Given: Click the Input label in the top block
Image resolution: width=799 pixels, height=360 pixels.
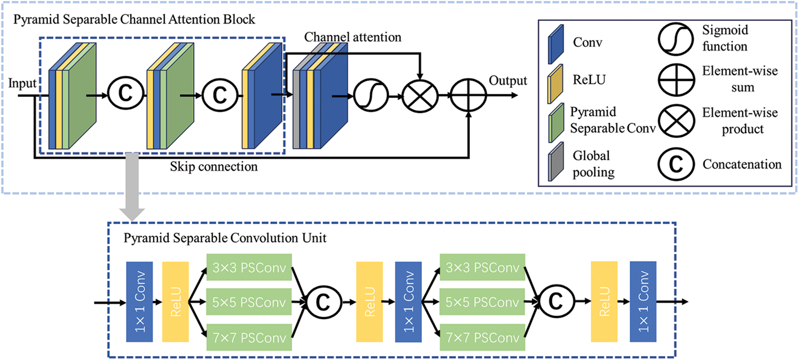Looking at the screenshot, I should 22,83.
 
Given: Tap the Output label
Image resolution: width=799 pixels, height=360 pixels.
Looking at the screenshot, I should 507,81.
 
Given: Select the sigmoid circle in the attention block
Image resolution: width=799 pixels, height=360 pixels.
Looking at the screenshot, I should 371,95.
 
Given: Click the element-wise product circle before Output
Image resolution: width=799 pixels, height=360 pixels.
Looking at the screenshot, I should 420,96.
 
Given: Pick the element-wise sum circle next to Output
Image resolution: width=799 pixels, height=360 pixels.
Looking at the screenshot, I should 468,95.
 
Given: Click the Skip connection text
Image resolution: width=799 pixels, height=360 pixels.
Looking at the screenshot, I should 214,167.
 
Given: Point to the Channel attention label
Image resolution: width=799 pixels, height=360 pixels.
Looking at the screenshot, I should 353,37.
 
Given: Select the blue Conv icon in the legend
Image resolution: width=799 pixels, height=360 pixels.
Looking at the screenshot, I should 556,44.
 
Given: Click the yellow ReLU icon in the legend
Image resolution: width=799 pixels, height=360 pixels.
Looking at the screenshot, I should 555,83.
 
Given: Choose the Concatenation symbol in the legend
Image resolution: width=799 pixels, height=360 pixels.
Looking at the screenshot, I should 676,164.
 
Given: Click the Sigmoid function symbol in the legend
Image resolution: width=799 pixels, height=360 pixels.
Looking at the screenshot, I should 676,39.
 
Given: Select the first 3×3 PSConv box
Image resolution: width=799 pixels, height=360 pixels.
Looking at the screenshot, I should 249,268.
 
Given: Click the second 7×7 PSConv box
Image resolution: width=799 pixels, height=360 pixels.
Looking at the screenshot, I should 482,338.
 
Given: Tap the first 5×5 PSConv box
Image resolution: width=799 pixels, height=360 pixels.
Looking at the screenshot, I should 249,302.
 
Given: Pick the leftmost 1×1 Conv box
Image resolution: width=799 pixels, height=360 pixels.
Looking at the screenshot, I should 139,302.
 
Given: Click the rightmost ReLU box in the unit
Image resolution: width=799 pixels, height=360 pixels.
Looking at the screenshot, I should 604,302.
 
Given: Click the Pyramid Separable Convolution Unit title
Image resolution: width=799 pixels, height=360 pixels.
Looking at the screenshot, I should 225,238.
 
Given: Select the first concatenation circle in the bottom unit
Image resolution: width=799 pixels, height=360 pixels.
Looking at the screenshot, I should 323,302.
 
